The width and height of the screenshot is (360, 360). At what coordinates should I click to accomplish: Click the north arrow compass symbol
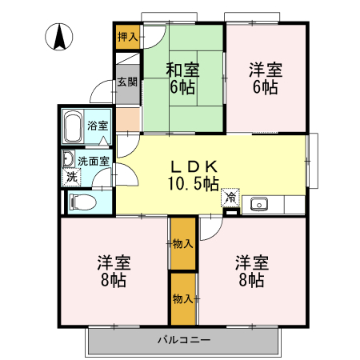(60, 36)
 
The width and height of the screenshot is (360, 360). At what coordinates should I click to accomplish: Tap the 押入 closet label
(127, 36)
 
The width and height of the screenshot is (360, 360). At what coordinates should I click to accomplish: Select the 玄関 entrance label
(127, 82)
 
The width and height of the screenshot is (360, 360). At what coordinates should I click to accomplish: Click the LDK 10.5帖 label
(193, 175)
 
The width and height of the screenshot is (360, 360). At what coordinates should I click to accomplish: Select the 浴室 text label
(98, 126)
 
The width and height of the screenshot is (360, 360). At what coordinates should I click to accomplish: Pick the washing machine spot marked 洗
(71, 176)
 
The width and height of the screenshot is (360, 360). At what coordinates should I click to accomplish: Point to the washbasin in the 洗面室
(68, 158)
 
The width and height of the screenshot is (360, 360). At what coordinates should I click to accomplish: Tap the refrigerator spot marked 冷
(230, 196)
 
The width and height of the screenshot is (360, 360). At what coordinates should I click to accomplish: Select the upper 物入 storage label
(182, 243)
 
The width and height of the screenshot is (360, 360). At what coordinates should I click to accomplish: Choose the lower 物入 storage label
(182, 298)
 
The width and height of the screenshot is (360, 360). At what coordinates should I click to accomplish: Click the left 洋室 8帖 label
(113, 271)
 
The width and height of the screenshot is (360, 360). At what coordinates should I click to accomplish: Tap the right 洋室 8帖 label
(251, 271)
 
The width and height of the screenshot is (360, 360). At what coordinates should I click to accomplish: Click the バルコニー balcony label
(183, 341)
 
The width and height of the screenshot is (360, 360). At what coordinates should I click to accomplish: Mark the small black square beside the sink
(231, 211)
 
